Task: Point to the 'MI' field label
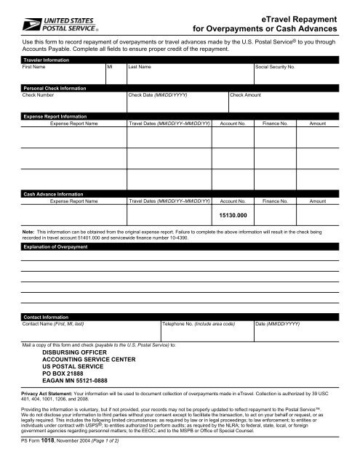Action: tap(110, 66)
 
